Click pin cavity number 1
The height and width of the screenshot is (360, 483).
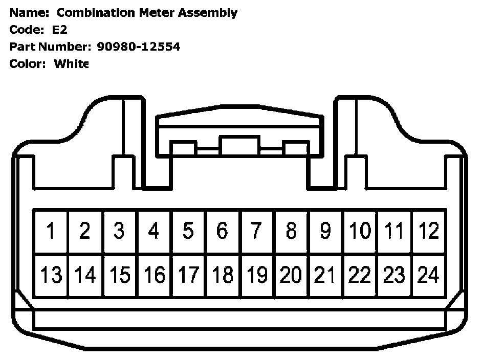click(x=51, y=231)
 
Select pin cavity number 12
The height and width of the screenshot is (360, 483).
click(x=429, y=231)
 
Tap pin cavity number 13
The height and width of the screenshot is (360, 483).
click(x=51, y=275)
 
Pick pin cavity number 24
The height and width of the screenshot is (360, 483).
click(x=429, y=275)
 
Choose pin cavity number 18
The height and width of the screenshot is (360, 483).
click(x=223, y=275)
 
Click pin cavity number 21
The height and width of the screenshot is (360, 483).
click(x=325, y=275)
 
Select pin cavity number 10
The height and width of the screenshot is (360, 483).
click(x=360, y=231)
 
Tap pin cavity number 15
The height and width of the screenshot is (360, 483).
click(x=120, y=275)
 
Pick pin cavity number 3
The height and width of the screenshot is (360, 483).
click(x=119, y=231)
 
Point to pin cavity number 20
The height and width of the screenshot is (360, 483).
click(x=291, y=275)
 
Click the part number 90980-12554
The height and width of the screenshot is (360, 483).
click(x=138, y=47)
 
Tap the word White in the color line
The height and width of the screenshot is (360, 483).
click(x=72, y=64)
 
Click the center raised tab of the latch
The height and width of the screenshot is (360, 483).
click(x=239, y=145)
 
